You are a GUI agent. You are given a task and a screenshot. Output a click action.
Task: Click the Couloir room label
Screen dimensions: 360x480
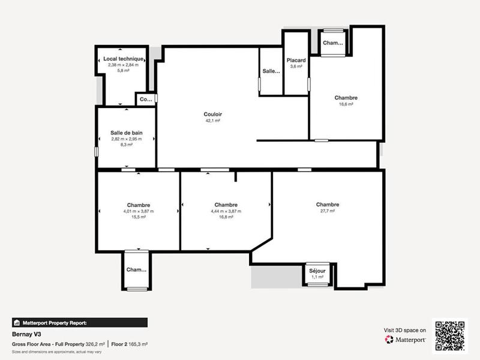coord(212,113)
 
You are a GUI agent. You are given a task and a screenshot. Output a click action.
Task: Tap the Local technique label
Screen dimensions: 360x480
coord(124,59)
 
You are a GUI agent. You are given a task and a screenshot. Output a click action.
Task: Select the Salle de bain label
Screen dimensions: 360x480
coord(126,133)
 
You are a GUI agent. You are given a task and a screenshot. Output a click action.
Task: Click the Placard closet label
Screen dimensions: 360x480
coord(296,60)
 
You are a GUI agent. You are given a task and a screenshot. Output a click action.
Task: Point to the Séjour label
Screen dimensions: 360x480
coord(317,271)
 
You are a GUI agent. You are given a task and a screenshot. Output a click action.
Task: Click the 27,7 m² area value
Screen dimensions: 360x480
coord(328,211)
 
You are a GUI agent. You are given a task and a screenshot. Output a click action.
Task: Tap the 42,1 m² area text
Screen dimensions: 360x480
coord(212,121)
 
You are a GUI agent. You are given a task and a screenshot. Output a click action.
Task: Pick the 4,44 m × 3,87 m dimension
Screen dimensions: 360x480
coord(226,211)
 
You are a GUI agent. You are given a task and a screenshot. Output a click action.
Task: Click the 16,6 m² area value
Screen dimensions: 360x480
coord(346,104)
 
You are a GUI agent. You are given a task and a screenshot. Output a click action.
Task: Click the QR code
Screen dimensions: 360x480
coord(450,335)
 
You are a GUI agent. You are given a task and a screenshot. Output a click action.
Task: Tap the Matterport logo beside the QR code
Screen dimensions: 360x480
coord(406,340)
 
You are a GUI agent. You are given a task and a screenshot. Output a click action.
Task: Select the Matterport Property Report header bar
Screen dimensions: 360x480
coord(79,322)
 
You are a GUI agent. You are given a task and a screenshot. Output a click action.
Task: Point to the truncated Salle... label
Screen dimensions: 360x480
coord(271,71)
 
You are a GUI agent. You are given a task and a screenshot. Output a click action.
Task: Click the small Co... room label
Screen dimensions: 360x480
coord(146,100)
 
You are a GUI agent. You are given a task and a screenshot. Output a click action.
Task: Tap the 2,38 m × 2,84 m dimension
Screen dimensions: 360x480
coord(123,65)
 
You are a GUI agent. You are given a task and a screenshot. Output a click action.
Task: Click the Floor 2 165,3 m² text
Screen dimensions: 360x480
coord(129,344)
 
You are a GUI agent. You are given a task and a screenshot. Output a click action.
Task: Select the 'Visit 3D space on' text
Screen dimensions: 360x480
coord(405,330)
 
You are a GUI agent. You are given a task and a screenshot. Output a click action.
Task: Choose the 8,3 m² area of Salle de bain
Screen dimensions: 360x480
coord(126,145)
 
